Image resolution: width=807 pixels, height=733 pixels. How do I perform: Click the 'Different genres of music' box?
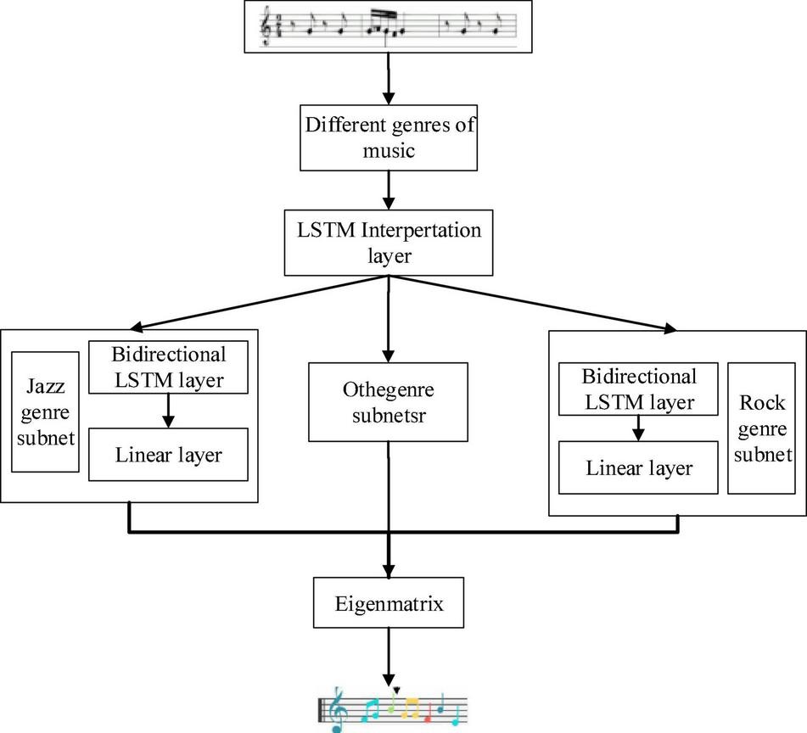(x=389, y=138)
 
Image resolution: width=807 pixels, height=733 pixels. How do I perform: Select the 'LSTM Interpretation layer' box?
(x=388, y=243)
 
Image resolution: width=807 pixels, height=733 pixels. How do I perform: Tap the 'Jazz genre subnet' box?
(x=45, y=412)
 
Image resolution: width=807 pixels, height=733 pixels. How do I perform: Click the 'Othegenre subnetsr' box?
(x=388, y=402)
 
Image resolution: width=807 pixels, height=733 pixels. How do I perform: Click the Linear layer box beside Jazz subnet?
(x=168, y=455)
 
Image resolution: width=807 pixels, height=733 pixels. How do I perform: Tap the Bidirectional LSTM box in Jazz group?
(x=168, y=367)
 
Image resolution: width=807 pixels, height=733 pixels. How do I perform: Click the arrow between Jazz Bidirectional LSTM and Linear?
(x=168, y=411)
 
